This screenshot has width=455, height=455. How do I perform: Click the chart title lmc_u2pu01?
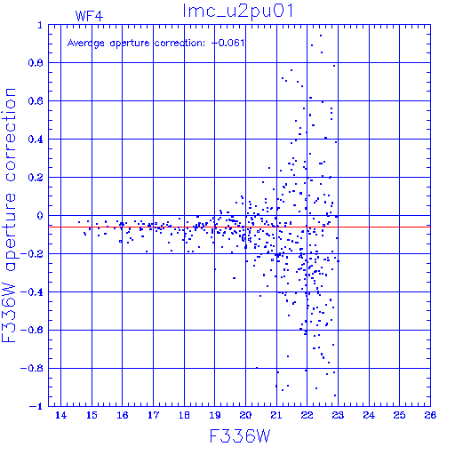point(238,11)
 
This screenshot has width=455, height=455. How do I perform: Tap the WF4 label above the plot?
point(89,16)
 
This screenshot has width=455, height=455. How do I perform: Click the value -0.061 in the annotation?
point(227,43)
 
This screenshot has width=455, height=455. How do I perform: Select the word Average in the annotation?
point(86,44)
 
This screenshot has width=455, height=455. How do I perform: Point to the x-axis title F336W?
point(240,436)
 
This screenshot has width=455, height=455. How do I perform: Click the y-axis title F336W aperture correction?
point(9,215)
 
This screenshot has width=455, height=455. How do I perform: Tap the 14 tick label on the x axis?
point(60,415)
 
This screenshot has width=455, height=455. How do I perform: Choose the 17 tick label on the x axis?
point(153,415)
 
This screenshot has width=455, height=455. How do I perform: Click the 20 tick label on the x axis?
point(245,415)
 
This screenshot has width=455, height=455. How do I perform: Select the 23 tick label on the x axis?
point(338,415)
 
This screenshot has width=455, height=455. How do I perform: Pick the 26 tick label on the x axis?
point(430,415)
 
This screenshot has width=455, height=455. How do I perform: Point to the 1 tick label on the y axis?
point(40,25)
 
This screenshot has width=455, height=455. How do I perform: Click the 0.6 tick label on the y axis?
point(36,101)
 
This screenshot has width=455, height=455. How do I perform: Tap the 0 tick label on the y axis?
point(40,216)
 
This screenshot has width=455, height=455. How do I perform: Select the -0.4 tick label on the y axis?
point(32,292)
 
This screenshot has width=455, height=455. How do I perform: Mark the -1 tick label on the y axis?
point(36,406)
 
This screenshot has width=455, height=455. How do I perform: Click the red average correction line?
point(239,227)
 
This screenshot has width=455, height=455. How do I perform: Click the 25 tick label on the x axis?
point(399,415)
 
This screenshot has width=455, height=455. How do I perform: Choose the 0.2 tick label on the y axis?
point(36,178)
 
